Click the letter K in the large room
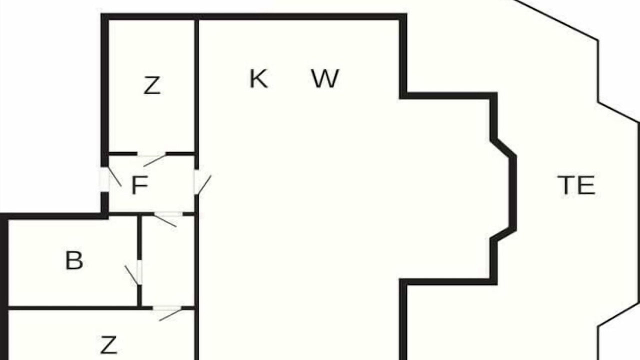click(x=258, y=78)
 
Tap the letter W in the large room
click(x=325, y=78)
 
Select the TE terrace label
click(x=576, y=185)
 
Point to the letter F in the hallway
click(x=139, y=185)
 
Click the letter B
click(x=74, y=260)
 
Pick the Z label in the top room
click(x=151, y=85)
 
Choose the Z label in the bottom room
click(x=108, y=345)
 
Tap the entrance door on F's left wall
click(x=110, y=179)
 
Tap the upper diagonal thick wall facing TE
click(x=503, y=148)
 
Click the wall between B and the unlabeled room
click(x=139, y=237)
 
